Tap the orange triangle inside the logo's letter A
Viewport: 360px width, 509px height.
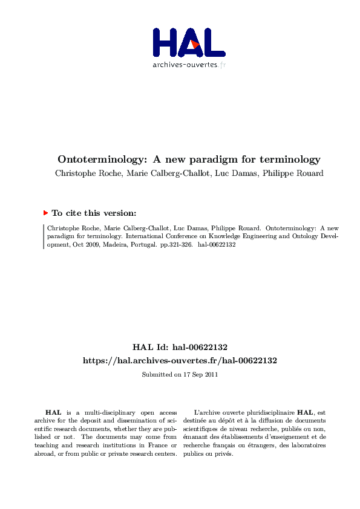[194, 45]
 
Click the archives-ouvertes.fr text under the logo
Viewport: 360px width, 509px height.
[189, 65]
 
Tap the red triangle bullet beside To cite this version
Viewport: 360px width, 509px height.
[45, 213]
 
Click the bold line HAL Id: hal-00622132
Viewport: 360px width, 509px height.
[180, 347]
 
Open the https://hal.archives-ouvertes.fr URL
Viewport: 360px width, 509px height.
[180, 360]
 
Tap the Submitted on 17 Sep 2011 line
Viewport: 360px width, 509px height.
[180, 374]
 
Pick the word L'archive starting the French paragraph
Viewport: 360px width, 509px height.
[208, 412]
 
